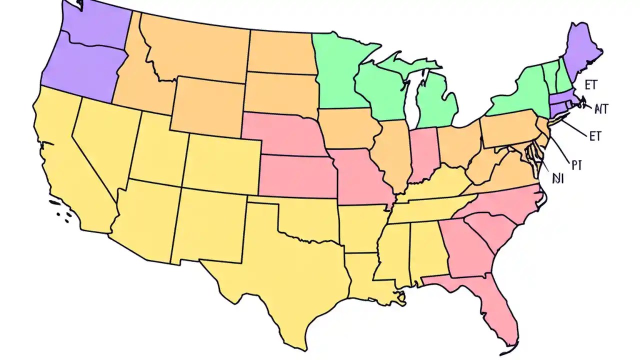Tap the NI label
pyautogui.click(x=557, y=179)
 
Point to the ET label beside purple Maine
pyautogui.click(x=590, y=84)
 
